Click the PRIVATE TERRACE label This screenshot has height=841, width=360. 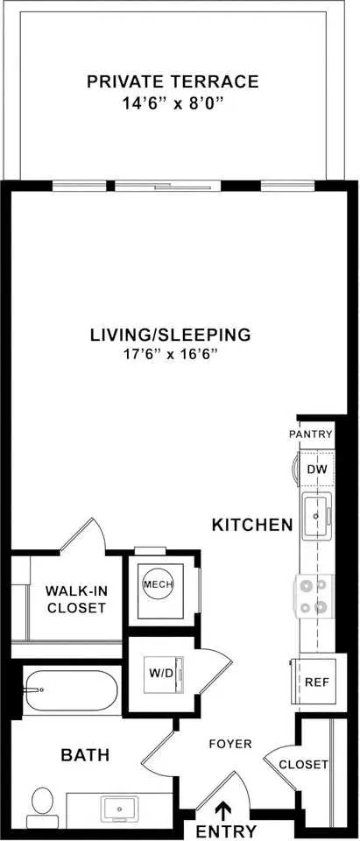173,81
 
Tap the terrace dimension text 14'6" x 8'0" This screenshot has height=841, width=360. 173,102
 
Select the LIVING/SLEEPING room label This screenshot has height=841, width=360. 170,335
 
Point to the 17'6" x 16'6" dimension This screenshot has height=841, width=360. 170,354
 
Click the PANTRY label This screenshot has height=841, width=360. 311,435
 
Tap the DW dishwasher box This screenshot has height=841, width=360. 315,470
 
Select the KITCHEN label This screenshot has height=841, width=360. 252,525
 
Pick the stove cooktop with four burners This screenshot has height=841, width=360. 314,596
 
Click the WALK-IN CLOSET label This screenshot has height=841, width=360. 75,600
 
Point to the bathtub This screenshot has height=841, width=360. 70,689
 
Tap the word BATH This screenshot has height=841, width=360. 85,755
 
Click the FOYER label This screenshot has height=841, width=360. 230,744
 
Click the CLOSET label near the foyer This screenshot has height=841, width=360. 304,764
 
